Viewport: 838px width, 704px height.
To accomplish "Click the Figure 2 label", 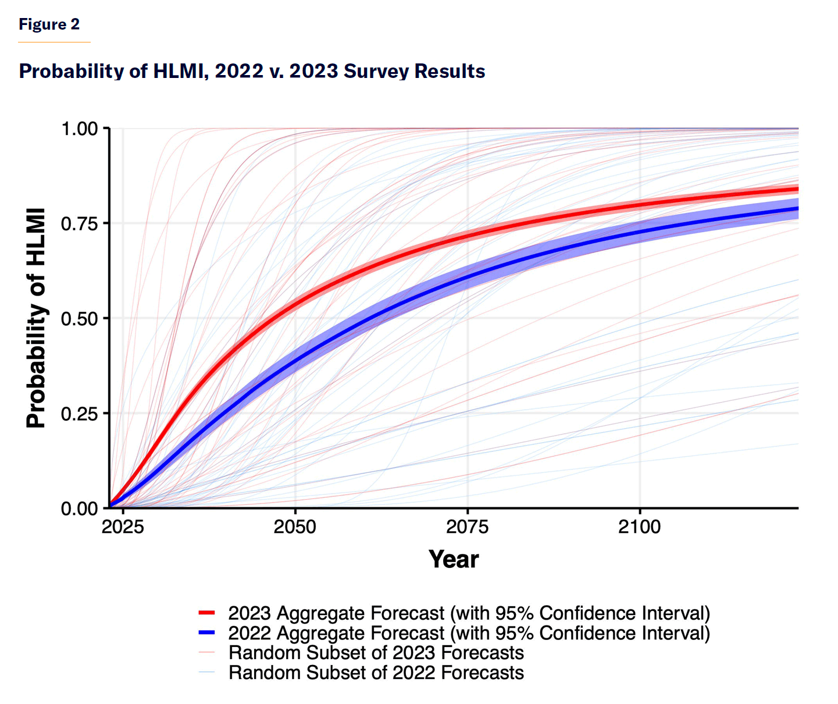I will [x=49, y=24].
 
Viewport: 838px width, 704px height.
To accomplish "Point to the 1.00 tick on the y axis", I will [x=79, y=129].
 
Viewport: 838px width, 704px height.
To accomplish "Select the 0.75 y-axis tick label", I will [x=79, y=223].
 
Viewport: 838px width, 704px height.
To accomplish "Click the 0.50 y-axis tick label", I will [x=79, y=318].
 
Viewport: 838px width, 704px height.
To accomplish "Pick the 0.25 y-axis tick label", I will [x=79, y=414].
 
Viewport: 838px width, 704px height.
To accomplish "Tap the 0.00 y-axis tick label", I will [x=79, y=509].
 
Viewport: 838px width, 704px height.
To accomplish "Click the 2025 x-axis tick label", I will [x=123, y=527].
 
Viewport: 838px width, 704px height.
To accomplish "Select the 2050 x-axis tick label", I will [x=295, y=527].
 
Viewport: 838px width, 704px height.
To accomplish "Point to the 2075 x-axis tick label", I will [x=468, y=527].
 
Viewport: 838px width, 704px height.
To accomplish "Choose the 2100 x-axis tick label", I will [x=640, y=527].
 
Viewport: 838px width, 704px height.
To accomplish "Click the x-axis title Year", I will [x=454, y=560].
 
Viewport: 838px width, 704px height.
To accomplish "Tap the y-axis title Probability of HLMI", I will [x=36, y=318].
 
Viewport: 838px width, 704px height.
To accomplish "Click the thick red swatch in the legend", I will [x=207, y=613].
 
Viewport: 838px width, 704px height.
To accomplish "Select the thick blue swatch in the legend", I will [x=207, y=632].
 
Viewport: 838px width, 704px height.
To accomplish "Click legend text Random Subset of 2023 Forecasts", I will [x=376, y=652].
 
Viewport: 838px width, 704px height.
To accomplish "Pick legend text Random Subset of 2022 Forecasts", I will [x=376, y=673].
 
